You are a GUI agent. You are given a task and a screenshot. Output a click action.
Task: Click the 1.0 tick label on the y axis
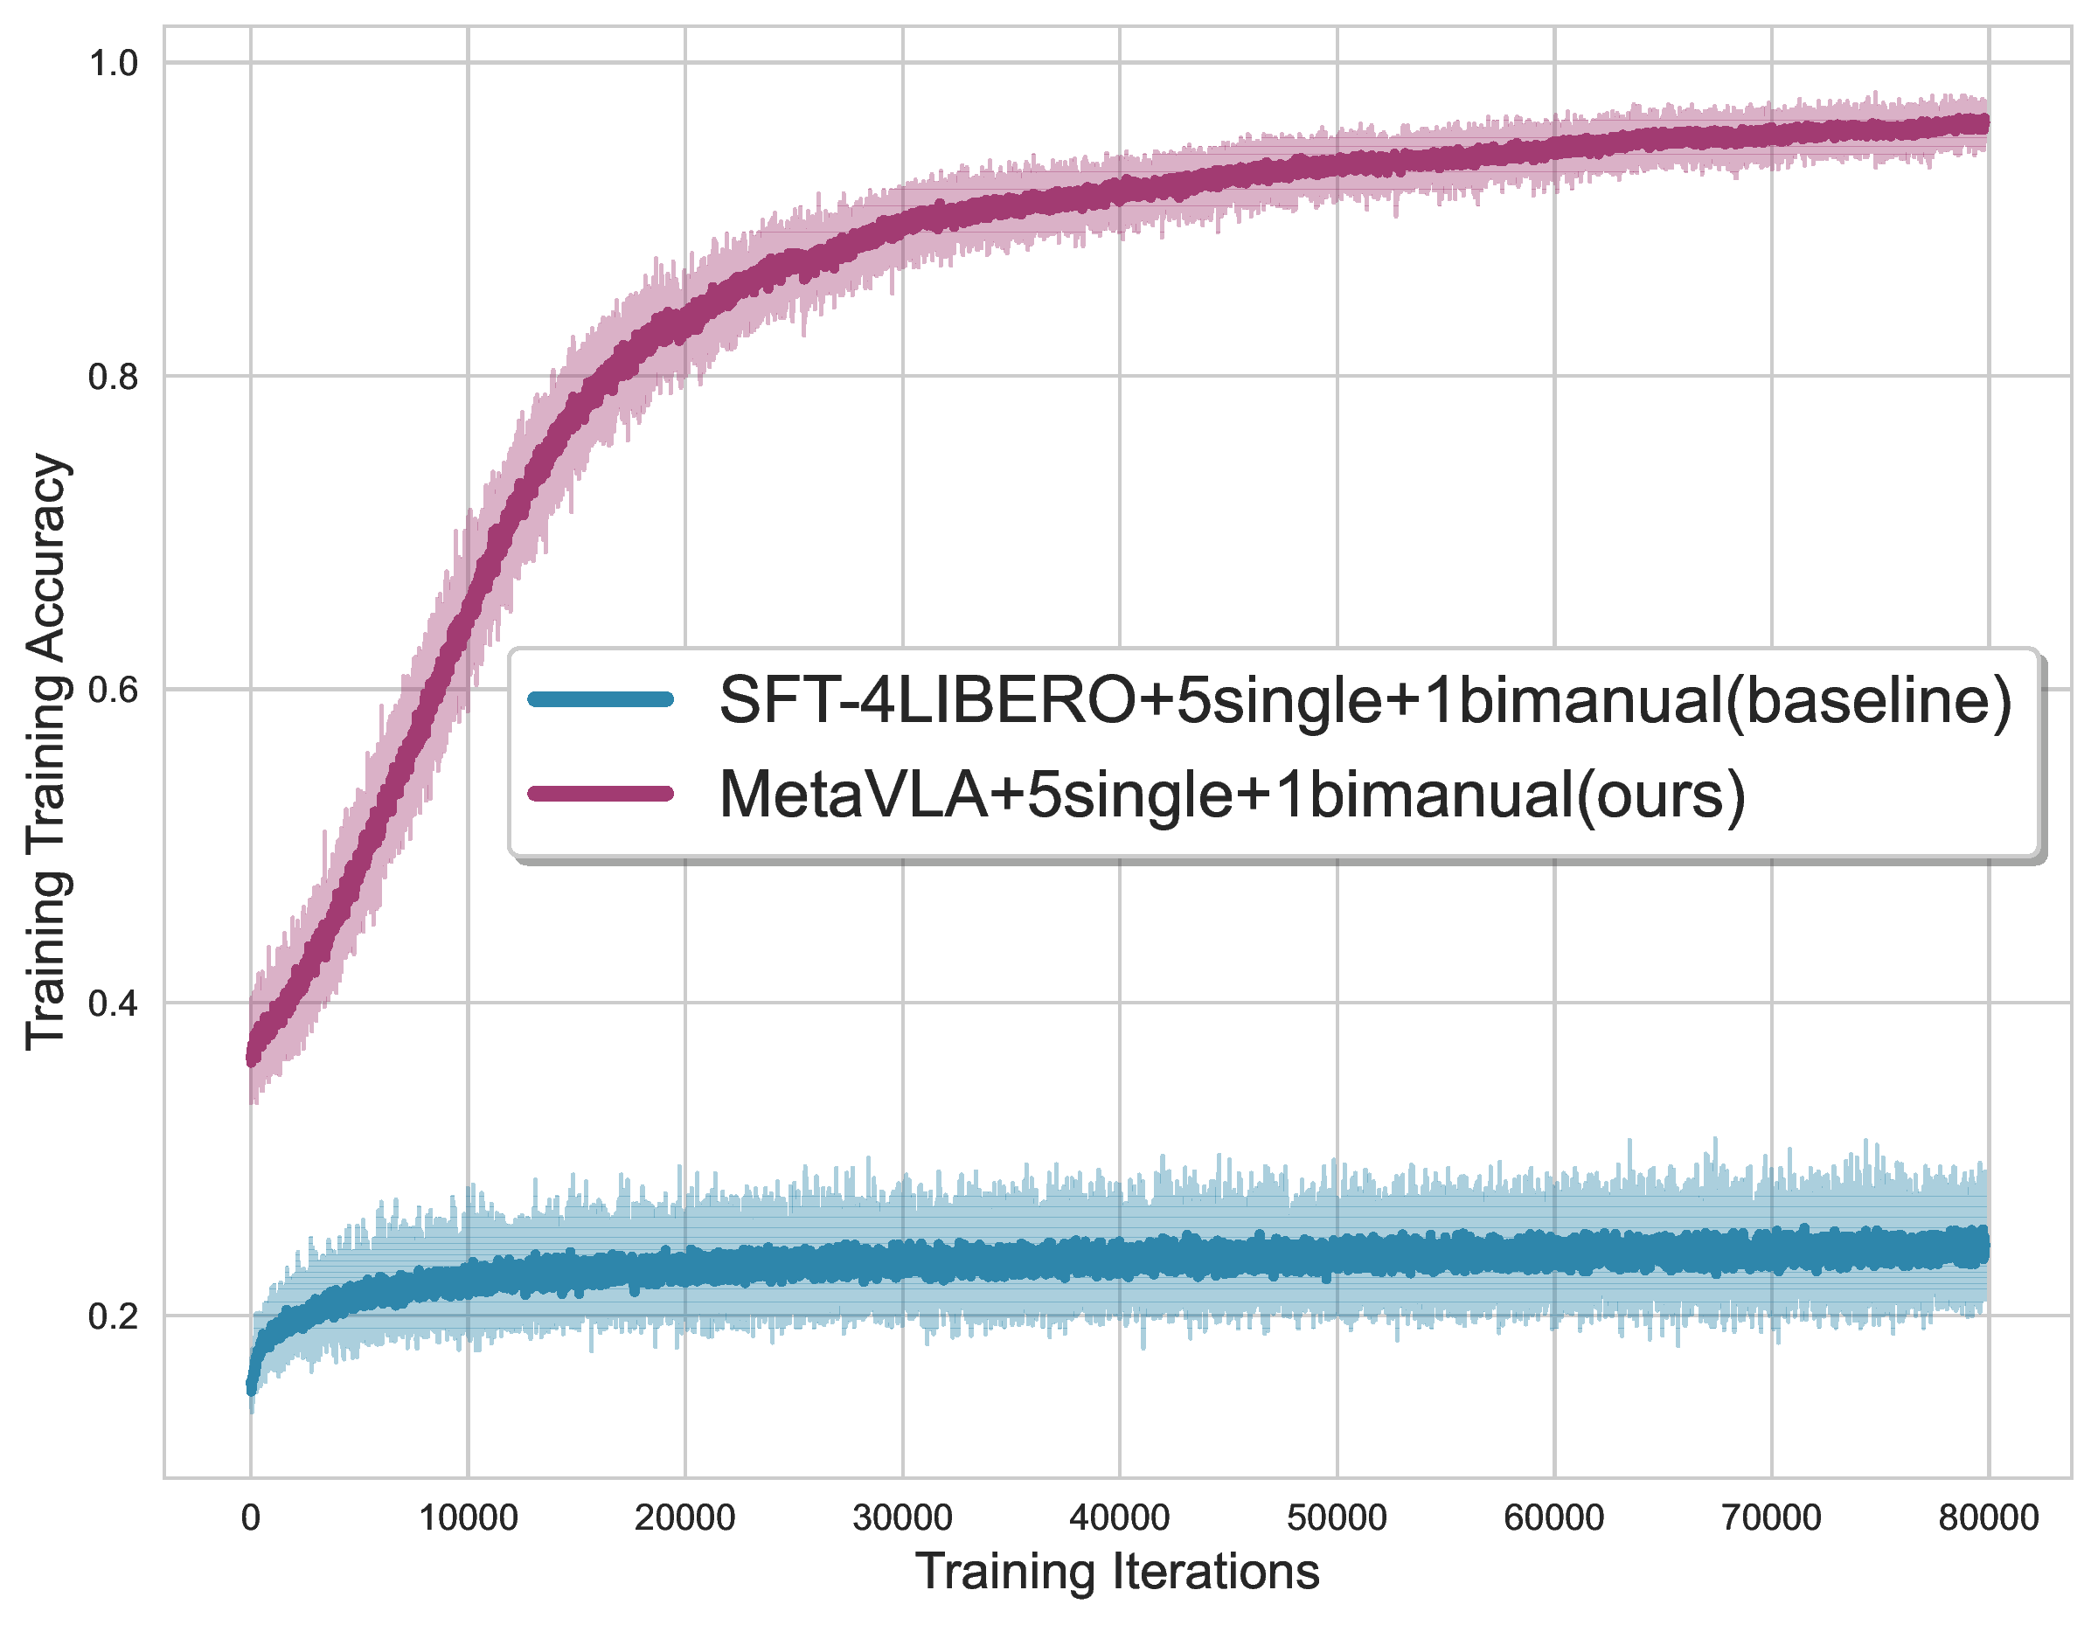113,64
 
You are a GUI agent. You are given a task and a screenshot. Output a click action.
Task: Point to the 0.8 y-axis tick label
113,377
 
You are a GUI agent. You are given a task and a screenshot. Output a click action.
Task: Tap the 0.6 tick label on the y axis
113,690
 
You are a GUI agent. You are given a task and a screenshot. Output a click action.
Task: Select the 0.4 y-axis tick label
113,1003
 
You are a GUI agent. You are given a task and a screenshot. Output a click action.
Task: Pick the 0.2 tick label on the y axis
113,1316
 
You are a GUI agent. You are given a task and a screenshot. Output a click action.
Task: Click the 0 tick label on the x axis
251,1518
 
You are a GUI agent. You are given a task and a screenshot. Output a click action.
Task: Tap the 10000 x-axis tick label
468,1518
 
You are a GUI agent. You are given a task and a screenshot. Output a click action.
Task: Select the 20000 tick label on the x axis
685,1518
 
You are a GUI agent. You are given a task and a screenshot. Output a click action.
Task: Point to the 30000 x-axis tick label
902,1518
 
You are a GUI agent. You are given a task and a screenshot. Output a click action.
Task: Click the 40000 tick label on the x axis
1119,1518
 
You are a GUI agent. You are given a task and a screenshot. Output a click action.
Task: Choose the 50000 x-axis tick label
1337,1518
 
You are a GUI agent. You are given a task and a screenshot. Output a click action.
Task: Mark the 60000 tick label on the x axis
1553,1518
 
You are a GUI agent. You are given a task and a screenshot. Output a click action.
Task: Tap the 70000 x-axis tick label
1770,1518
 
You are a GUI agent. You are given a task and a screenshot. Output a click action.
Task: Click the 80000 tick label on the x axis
1988,1518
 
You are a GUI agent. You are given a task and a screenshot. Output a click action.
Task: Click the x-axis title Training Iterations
1117,1573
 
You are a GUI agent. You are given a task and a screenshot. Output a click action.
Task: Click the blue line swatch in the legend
601,699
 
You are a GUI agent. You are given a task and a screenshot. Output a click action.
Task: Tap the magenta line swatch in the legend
601,794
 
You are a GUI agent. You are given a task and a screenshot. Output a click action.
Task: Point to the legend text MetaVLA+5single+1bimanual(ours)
1232,795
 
